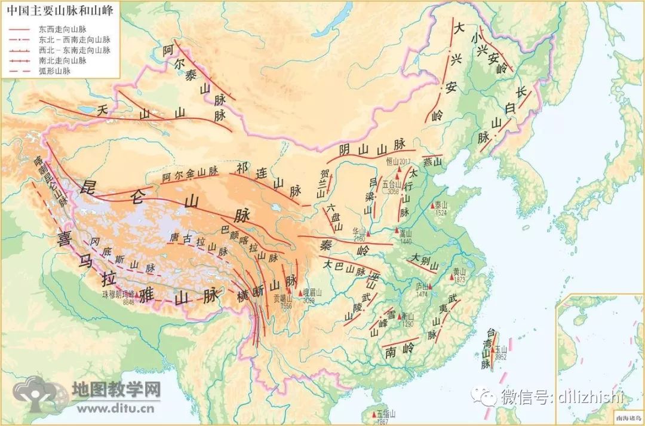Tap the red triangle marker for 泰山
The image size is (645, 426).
point(432,206)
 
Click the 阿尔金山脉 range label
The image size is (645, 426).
point(190,173)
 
